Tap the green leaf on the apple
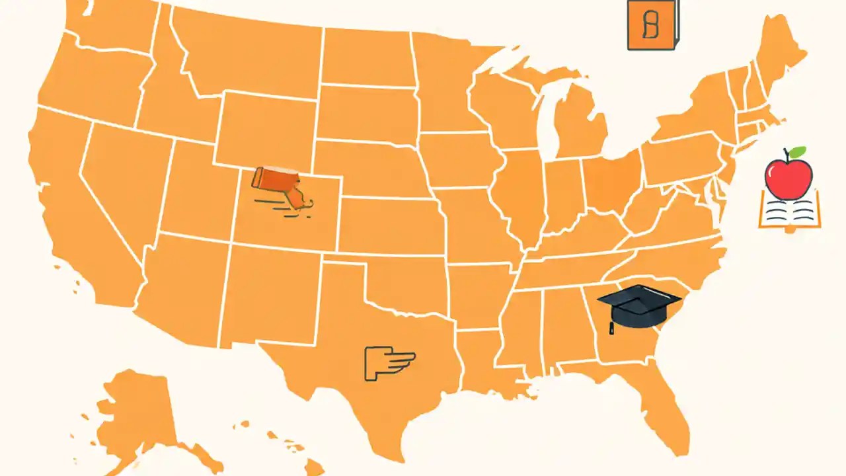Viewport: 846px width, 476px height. [798, 153]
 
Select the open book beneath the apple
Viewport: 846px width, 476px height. [790, 212]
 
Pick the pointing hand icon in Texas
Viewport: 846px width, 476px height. [389, 363]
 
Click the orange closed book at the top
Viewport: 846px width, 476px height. [652, 25]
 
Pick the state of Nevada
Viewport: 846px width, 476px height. [126, 185]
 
